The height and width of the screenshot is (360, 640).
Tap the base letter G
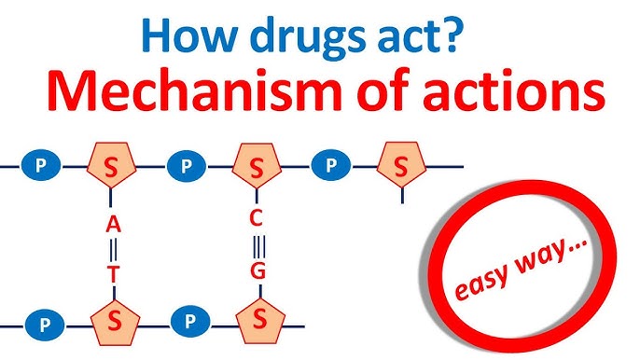pos(259,271)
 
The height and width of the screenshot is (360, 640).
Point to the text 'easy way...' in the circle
pos(525,272)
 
